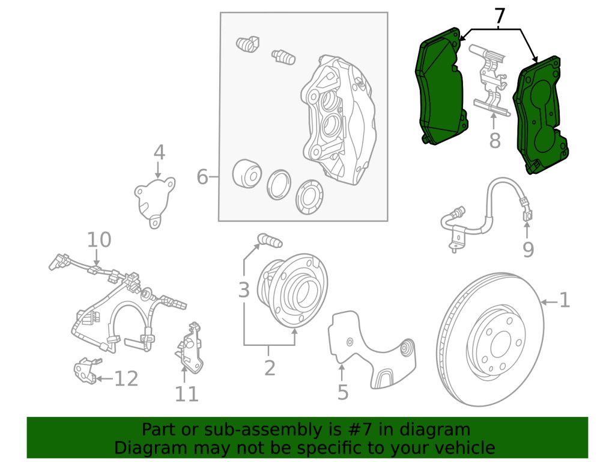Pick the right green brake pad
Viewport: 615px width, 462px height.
coord(541,114)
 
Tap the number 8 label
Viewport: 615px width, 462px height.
coord(494,141)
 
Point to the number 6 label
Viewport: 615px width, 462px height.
coord(203,177)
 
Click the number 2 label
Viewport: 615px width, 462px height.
coord(270,367)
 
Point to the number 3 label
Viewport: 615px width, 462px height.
coord(243,291)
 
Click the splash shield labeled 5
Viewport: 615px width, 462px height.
coord(372,349)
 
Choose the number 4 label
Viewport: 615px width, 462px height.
coord(159,153)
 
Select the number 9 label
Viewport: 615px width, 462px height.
coord(528,249)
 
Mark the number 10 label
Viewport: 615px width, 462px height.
coord(99,241)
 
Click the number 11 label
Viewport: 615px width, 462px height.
coord(187,394)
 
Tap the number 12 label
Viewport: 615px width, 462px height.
coord(127,378)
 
